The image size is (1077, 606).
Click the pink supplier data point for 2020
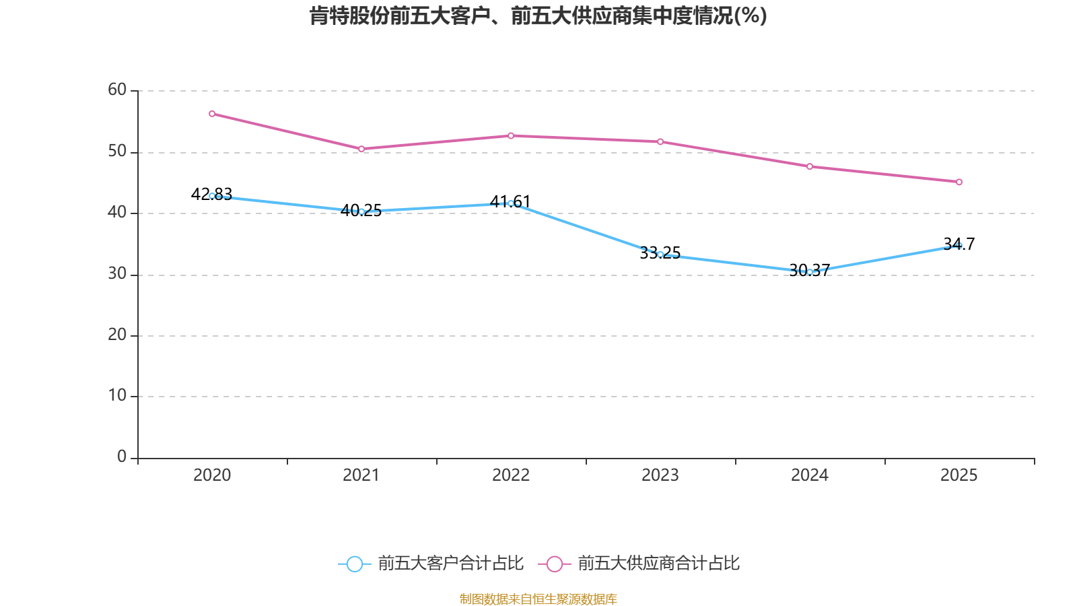tap(212, 114)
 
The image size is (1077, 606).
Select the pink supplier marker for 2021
tap(361, 149)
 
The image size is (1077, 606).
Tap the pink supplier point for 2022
tap(511, 136)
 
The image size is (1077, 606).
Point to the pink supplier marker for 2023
tap(660, 142)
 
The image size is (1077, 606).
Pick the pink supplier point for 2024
tap(810, 166)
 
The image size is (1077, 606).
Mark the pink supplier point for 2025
tap(959, 182)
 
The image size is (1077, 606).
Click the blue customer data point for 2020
tap(212, 196)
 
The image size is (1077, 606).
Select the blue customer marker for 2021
tap(361, 211)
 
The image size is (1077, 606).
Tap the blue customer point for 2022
tap(511, 203)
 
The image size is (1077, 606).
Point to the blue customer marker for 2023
tap(660, 255)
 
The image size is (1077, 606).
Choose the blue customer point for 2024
tap(810, 272)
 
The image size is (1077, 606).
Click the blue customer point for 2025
tap(959, 246)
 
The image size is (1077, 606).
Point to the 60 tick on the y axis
tap(117, 90)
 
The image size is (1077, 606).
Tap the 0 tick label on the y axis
tap(122, 457)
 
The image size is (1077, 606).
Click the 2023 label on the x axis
tap(660, 475)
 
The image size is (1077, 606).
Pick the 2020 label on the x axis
tap(212, 475)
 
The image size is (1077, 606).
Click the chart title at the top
tap(538, 15)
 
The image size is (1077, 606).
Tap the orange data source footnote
tap(538, 599)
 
